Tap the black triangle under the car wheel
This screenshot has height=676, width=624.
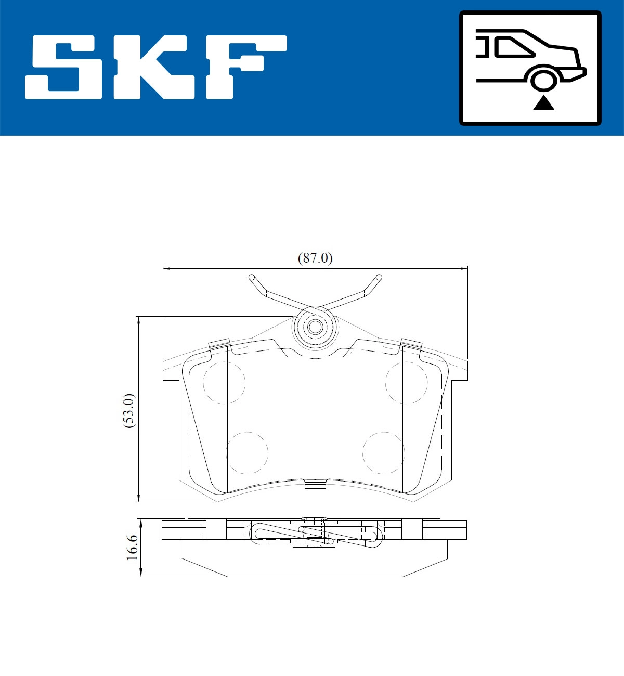[x=543, y=103]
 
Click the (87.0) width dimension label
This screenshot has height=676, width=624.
[x=315, y=258]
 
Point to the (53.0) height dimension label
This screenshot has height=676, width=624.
[x=128, y=410]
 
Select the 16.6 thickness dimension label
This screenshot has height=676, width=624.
[x=132, y=547]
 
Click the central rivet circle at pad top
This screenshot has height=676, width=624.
[x=315, y=327]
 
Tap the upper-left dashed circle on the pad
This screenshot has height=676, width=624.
[x=224, y=382]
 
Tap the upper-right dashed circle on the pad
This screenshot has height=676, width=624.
[x=406, y=382]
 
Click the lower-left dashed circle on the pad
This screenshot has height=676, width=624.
[x=247, y=452]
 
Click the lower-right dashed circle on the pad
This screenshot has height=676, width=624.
[x=384, y=452]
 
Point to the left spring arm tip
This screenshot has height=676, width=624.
[x=251, y=277]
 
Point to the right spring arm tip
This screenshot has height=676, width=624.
[x=379, y=277]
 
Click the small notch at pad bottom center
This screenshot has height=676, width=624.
[x=315, y=485]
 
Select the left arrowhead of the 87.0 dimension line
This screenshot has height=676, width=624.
[x=167, y=268]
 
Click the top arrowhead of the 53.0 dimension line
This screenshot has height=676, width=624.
[x=139, y=320]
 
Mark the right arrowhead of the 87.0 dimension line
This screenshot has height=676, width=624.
[x=464, y=268]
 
